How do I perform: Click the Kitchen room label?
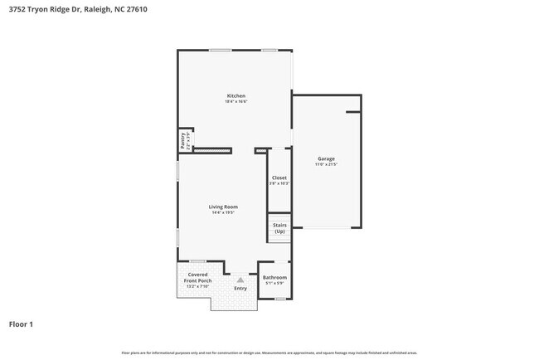pos(236,95)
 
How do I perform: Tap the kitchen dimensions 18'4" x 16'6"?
pos(236,101)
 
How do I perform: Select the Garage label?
pos(326,158)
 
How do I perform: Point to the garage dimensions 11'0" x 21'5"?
pos(326,164)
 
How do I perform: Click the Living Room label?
pos(223,207)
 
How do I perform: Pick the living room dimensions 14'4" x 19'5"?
pos(223,212)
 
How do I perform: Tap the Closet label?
pos(279,178)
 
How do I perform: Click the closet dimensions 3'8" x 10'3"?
pos(279,183)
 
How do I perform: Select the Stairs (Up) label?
pos(279,227)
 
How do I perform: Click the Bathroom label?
pos(274,277)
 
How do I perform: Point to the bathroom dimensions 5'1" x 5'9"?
pos(274,283)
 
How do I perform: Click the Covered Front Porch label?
pos(197,278)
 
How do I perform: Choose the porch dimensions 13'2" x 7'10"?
pos(197,287)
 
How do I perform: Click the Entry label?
pos(240,288)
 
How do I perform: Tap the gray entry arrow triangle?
pos(240,280)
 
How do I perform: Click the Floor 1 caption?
pos(21,324)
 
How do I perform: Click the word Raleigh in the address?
pos(95,10)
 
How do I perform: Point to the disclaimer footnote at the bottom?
pos(269,353)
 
